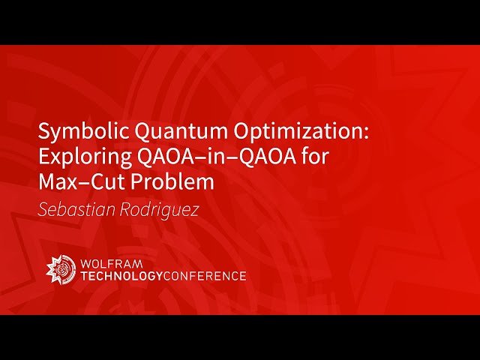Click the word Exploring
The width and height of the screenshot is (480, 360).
tap(81, 158)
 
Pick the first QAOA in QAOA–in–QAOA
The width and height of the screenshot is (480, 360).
tap(159, 158)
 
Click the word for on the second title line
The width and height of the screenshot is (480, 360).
tap(319, 158)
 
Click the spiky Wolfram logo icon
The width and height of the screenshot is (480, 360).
tap(61, 269)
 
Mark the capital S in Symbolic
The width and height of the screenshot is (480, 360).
tap(43, 133)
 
